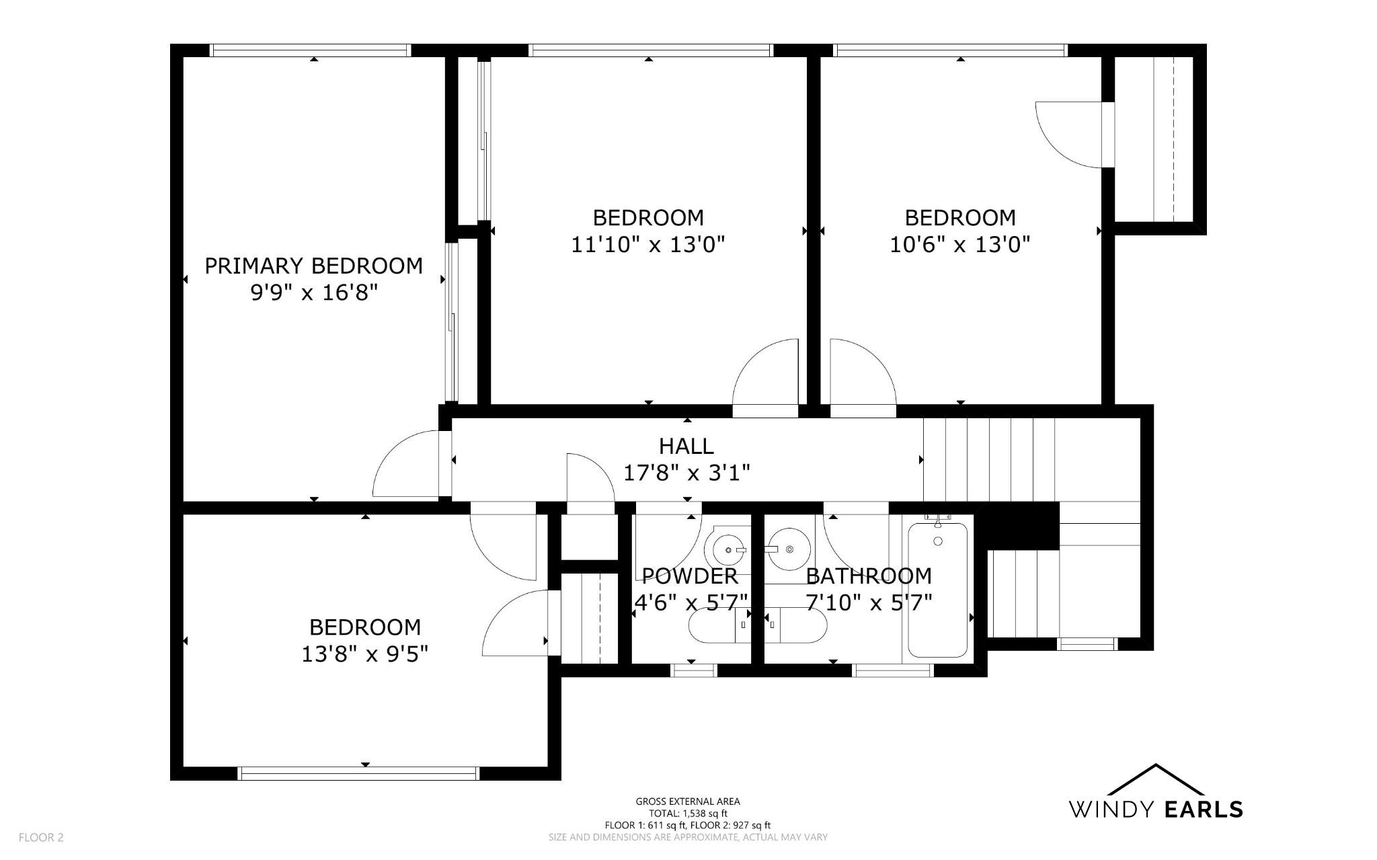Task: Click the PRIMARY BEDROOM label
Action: [313, 266]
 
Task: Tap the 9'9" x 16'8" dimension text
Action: [313, 292]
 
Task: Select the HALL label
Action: [686, 446]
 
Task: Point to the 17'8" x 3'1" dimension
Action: [686, 473]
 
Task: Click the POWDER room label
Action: [690, 576]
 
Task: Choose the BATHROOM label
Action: [869, 576]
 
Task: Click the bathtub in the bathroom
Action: [938, 590]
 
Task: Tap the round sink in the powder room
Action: [728, 550]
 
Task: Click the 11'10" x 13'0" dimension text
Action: [648, 244]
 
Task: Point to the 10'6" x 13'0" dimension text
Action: [960, 244]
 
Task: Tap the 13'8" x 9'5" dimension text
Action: [365, 654]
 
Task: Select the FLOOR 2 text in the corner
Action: [41, 837]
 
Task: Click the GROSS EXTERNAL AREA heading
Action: [688, 801]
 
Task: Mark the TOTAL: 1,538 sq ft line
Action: [688, 813]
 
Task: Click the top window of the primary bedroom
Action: [310, 50]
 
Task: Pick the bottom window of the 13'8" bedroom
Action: [359, 773]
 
